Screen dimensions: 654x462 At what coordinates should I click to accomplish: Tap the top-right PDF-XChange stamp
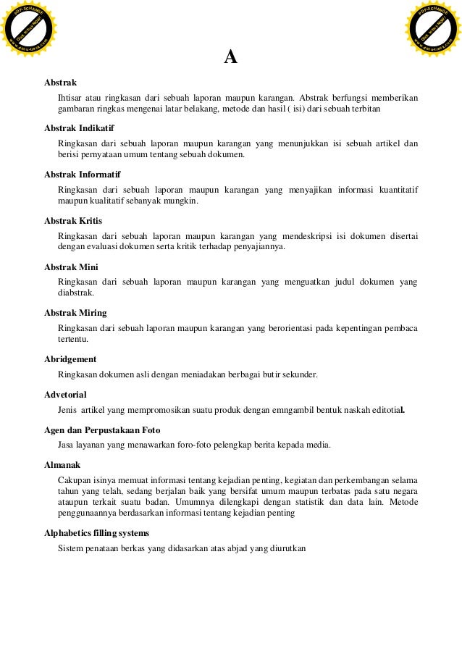[x=432, y=30]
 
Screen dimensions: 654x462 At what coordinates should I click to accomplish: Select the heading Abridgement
[x=70, y=359]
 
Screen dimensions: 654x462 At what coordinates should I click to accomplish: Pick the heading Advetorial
[x=65, y=395]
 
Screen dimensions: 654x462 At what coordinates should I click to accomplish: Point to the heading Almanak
[x=62, y=464]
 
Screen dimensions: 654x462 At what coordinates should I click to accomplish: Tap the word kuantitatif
[x=397, y=190]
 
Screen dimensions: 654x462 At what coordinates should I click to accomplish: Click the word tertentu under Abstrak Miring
[x=72, y=340]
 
